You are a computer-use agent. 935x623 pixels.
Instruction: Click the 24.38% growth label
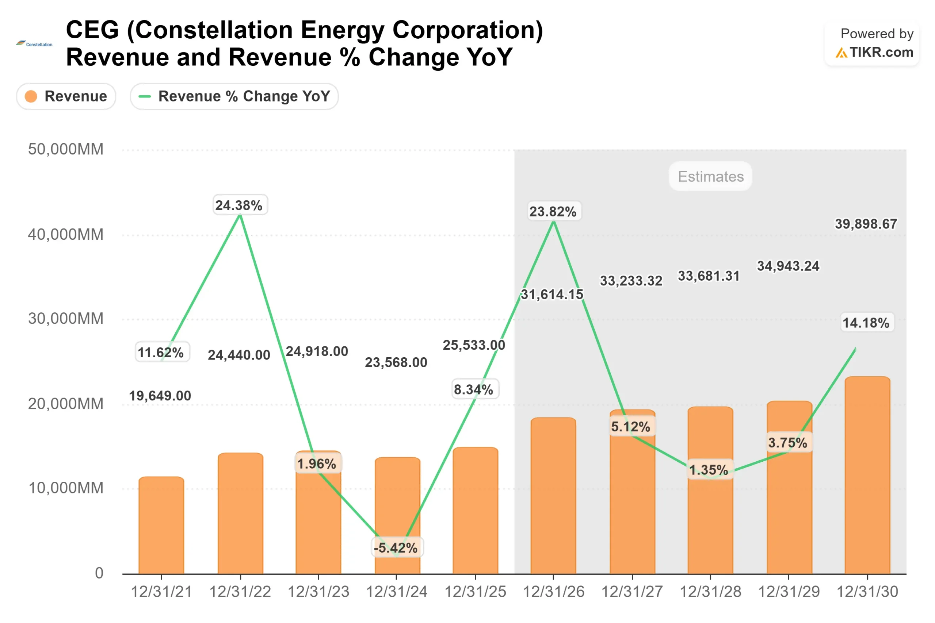coord(240,205)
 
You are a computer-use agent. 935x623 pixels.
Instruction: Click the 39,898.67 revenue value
coord(866,224)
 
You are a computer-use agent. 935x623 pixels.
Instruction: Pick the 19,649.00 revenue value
coord(160,396)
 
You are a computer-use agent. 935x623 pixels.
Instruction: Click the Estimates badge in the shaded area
coord(710,176)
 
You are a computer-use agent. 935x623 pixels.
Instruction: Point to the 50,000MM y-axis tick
coord(66,149)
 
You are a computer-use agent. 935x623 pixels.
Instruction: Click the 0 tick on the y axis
coord(99,573)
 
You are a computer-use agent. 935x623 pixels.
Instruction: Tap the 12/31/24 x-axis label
coord(396,592)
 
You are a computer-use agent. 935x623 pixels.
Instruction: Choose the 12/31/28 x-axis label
coord(710,592)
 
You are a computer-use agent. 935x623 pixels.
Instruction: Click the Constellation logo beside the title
coord(35,44)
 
